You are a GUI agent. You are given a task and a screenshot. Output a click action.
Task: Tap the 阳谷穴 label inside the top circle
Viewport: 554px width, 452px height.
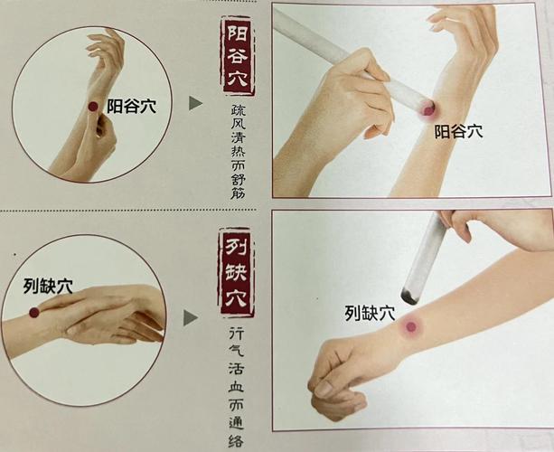click(x=131, y=107)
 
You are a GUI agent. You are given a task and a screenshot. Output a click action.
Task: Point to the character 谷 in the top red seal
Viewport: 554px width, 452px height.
click(x=237, y=60)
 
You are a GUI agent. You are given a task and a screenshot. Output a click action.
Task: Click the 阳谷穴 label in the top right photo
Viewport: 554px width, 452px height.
click(x=458, y=131)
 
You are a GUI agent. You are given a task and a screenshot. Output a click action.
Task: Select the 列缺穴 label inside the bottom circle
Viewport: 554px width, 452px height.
click(x=49, y=287)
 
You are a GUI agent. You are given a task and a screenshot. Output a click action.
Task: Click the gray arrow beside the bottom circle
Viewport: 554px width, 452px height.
click(x=192, y=317)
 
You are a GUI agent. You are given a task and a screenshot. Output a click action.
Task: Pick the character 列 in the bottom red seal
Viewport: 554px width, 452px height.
click(x=237, y=245)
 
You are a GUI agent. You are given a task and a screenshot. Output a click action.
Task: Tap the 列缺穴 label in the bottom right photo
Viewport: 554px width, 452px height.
click(x=370, y=314)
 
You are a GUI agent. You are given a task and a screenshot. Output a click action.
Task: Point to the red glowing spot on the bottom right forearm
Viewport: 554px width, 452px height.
click(x=411, y=327)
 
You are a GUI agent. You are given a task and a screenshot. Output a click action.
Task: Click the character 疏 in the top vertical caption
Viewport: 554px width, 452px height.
click(x=237, y=108)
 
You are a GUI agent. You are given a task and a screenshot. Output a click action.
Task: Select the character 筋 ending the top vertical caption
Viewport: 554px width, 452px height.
click(x=237, y=191)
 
